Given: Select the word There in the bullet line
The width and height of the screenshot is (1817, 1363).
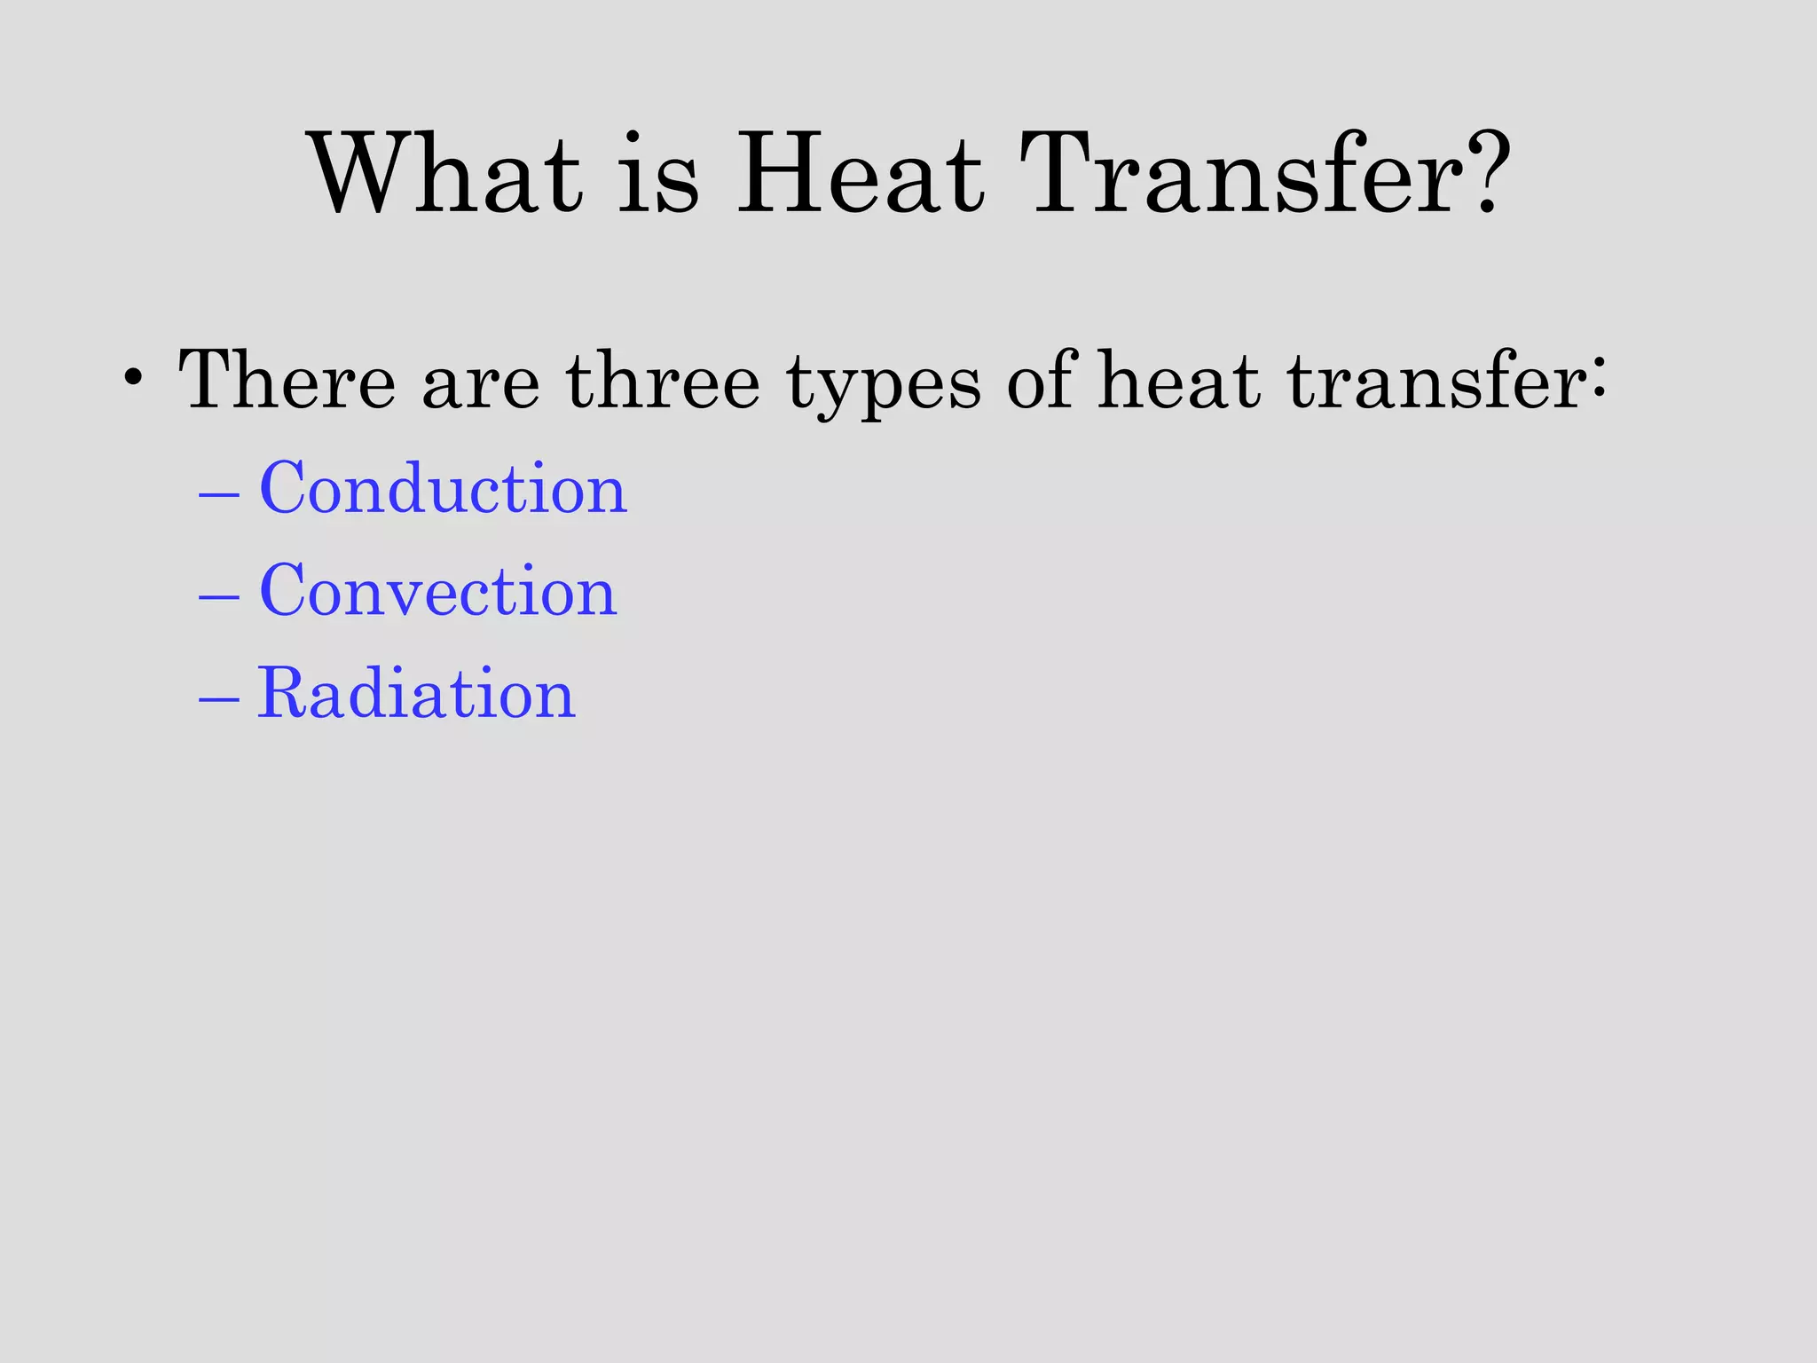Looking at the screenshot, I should click(x=286, y=380).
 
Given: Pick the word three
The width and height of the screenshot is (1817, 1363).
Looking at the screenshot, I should click(x=662, y=380).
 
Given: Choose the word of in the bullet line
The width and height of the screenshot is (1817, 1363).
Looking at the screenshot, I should click(x=1042, y=380).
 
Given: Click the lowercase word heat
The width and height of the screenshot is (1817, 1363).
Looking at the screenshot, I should click(x=1179, y=380).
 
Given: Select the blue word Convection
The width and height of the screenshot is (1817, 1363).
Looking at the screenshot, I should click(x=437, y=591).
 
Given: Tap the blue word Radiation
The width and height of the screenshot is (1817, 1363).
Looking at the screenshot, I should click(x=416, y=693).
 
